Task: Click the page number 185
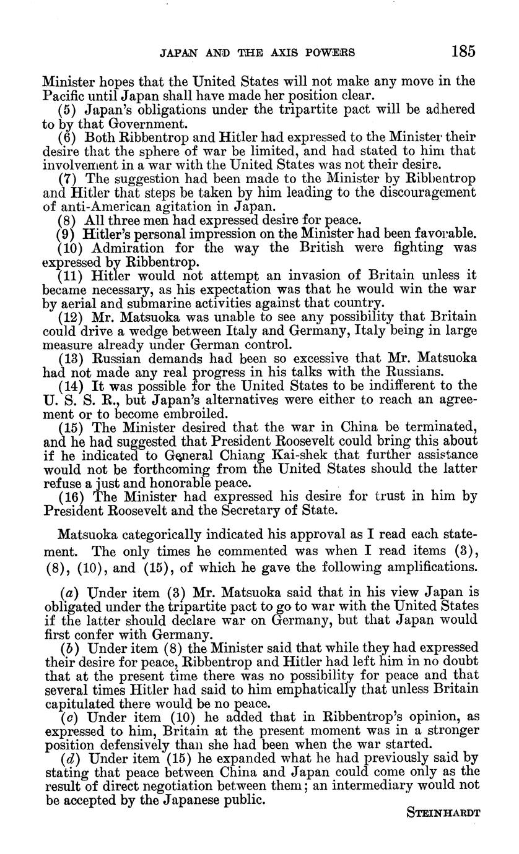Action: click(x=463, y=51)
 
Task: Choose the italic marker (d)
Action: click(x=68, y=759)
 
